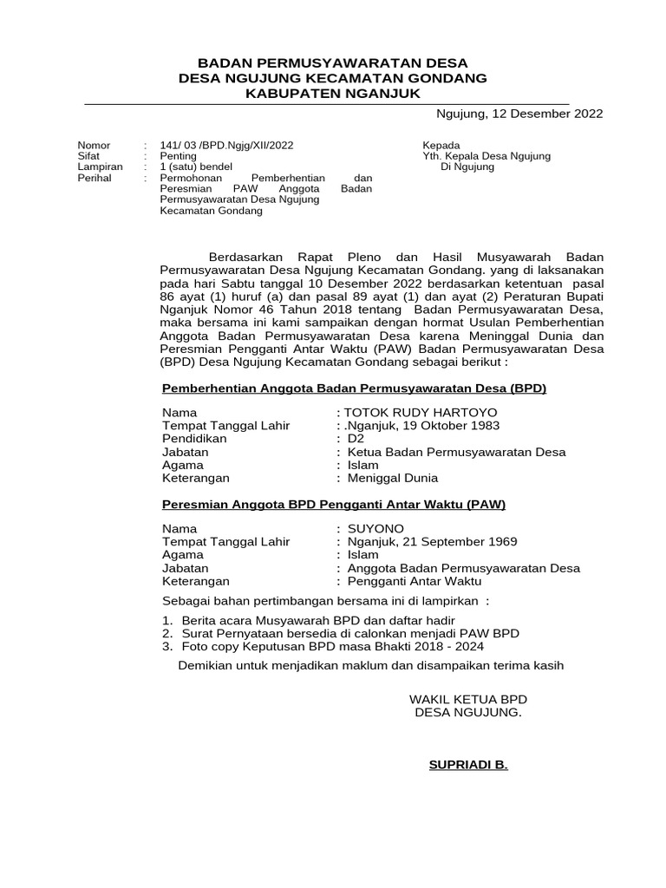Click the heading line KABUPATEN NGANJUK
pyautogui.click(x=333, y=93)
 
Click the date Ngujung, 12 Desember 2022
pyautogui.click(x=519, y=114)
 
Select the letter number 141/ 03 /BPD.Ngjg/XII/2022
pyautogui.click(x=220, y=145)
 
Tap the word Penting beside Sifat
pyautogui.click(x=178, y=156)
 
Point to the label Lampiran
pyautogui.click(x=100, y=166)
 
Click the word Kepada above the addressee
pyautogui.click(x=441, y=145)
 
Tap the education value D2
pyautogui.click(x=355, y=438)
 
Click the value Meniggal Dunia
pyautogui.click(x=392, y=478)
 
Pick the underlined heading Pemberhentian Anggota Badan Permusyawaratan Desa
pyautogui.click(x=355, y=388)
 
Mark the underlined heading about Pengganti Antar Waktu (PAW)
pyautogui.click(x=334, y=504)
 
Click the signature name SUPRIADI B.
pyautogui.click(x=468, y=766)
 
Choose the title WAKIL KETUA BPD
pyautogui.click(x=468, y=699)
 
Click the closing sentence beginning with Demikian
pyautogui.click(x=370, y=665)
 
